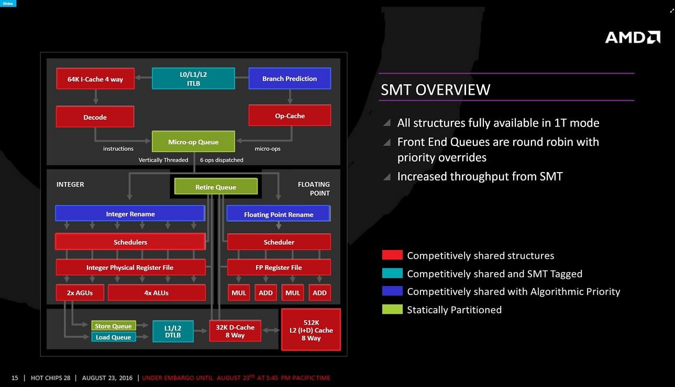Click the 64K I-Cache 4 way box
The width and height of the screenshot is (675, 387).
pos(95,79)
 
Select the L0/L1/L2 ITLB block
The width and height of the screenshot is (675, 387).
pos(193,78)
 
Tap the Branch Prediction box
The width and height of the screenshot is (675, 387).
pos(290,78)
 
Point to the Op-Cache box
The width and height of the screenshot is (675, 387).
pos(290,116)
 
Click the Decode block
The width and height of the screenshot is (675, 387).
pos(95,117)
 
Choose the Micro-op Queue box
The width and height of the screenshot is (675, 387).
pos(193,142)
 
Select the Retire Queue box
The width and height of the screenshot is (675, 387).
pos(216,187)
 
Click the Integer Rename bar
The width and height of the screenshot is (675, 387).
pos(130,213)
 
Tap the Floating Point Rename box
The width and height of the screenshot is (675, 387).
pos(278,214)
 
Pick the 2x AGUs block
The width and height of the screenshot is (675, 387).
pos(80,293)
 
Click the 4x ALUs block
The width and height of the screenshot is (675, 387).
pos(157,293)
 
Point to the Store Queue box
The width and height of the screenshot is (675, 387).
pos(113,326)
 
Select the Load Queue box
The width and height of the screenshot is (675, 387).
pos(113,337)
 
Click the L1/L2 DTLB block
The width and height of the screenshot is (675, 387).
pos(173,331)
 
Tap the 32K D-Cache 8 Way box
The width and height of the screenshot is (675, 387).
pos(235,331)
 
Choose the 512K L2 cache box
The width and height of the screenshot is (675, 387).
pos(311,329)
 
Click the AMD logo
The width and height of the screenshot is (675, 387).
pos(633,37)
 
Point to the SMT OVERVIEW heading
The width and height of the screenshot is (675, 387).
pos(435,89)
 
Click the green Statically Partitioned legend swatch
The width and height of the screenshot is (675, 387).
pos(392,310)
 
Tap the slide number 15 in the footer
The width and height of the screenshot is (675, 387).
pos(15,378)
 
